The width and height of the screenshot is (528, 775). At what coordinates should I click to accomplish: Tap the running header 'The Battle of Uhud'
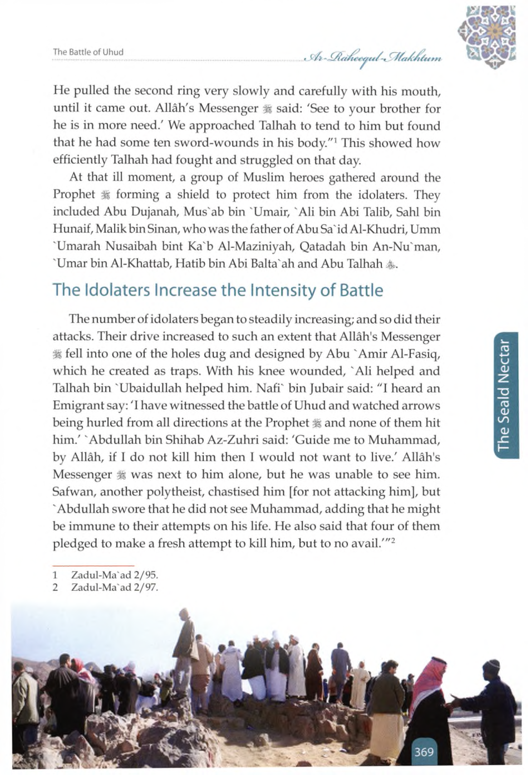point(88,52)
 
